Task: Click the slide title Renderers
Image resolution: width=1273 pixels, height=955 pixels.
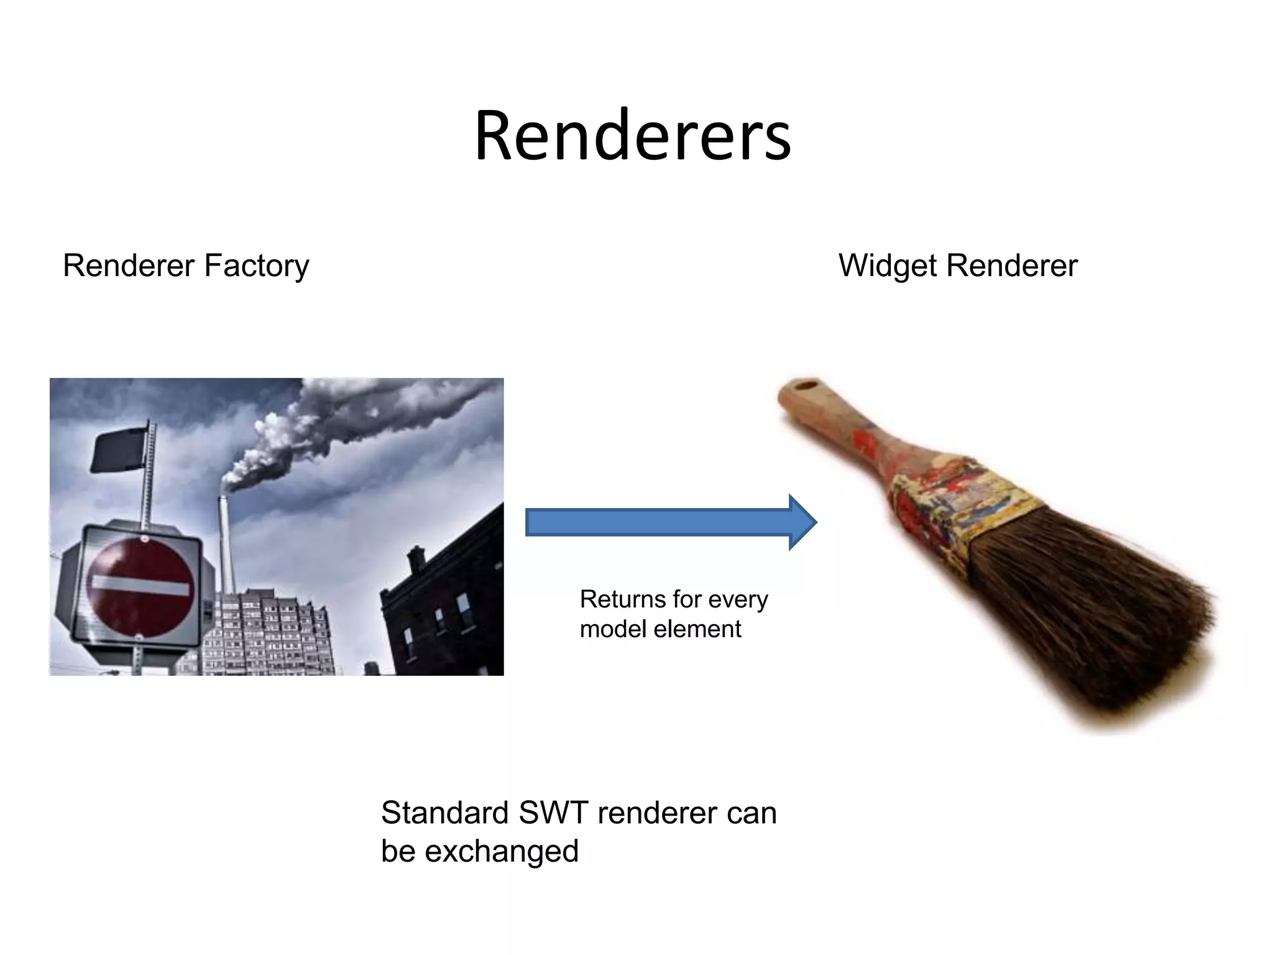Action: (x=632, y=136)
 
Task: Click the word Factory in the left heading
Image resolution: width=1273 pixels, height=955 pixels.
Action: (x=256, y=266)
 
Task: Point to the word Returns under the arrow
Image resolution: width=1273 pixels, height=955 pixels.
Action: (x=623, y=599)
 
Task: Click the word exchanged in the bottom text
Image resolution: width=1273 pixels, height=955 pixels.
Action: (x=502, y=851)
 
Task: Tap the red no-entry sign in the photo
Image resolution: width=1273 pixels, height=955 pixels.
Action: (x=139, y=587)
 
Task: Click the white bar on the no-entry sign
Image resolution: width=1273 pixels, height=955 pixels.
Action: (x=140, y=586)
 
